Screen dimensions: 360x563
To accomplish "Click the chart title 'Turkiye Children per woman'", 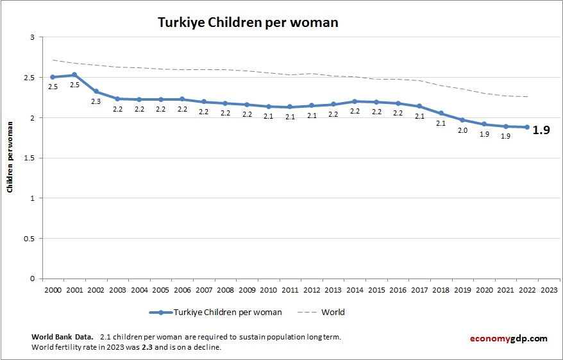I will [248, 22].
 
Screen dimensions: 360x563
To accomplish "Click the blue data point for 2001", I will [74, 75].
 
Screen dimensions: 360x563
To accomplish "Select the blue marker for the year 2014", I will [355, 101].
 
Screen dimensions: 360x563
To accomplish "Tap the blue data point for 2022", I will [527, 127].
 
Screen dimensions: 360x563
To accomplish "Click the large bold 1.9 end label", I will [542, 130].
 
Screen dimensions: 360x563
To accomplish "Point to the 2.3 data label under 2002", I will [96, 101].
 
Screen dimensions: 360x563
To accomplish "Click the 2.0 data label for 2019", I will [462, 130].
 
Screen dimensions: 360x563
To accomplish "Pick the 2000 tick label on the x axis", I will [53, 290].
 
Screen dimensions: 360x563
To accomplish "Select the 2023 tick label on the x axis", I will [549, 290].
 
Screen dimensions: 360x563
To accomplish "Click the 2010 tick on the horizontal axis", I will [268, 290].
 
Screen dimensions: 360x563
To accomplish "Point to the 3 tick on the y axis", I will [31, 37].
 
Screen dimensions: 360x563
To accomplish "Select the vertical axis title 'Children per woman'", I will [10, 158].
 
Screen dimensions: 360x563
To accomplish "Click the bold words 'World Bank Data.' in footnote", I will [62, 337].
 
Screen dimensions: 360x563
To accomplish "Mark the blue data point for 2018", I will [441, 113].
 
